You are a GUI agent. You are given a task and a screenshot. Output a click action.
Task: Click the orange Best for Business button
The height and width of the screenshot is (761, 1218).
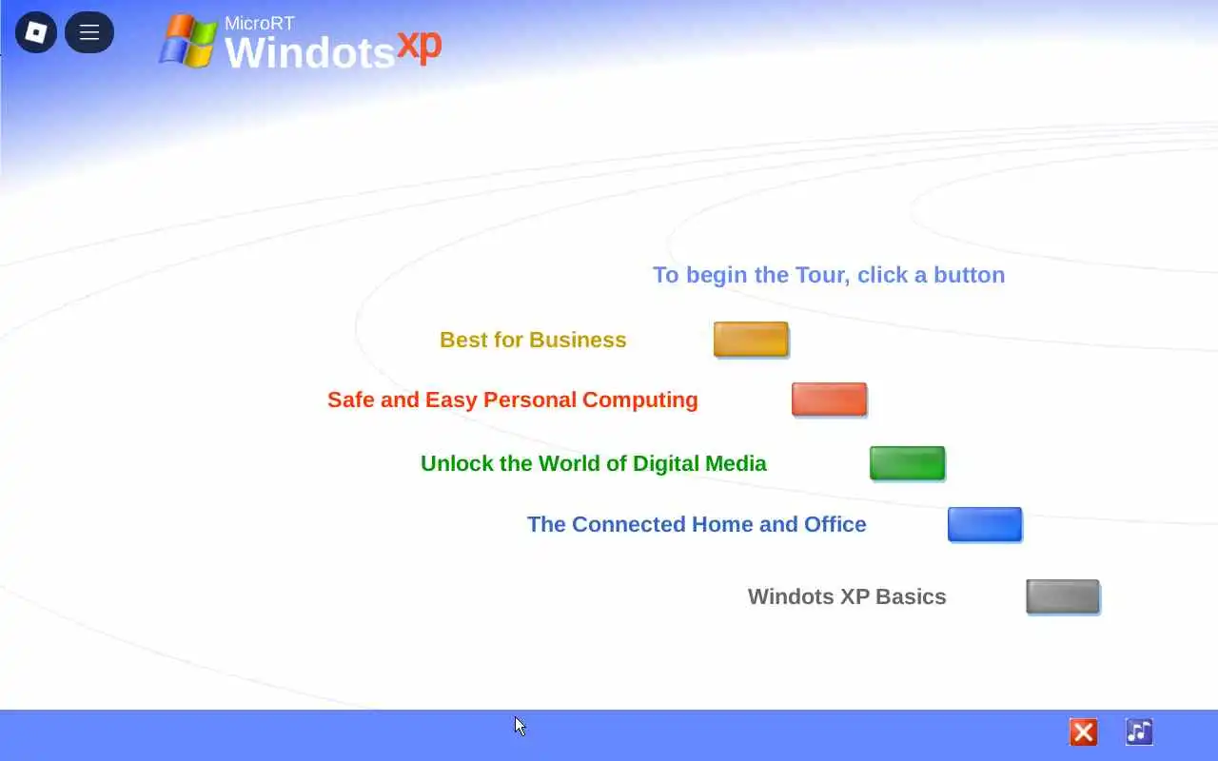(751, 340)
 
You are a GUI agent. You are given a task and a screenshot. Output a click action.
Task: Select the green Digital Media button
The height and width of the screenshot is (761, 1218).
(907, 463)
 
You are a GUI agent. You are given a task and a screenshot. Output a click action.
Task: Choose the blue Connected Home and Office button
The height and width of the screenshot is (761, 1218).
(985, 524)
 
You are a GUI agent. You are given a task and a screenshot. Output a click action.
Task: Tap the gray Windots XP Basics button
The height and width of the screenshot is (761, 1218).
(1063, 596)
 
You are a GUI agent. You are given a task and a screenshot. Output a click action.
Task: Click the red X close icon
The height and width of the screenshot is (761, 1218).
(1083, 732)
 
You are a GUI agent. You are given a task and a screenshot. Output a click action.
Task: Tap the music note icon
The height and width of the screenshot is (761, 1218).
(1139, 732)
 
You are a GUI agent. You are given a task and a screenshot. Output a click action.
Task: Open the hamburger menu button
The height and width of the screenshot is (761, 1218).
(89, 32)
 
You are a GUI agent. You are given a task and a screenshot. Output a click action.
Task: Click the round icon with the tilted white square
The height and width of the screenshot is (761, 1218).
(36, 32)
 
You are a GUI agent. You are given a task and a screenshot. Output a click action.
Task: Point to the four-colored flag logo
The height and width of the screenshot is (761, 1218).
(188, 41)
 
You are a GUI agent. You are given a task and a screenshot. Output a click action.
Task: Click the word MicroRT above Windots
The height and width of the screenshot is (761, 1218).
(260, 24)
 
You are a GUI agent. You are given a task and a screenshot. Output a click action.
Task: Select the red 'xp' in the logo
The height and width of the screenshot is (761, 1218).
(419, 47)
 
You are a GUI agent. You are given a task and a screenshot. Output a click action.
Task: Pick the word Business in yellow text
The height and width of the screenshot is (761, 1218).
(578, 340)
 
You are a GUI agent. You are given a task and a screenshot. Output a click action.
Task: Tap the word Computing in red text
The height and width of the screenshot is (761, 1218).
(640, 400)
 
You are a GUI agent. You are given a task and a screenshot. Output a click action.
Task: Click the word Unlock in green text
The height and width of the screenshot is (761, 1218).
(457, 463)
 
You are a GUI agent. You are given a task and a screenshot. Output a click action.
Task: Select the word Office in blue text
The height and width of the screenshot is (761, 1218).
(835, 524)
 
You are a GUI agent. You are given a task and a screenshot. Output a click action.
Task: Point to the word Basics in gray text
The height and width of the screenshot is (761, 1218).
(911, 596)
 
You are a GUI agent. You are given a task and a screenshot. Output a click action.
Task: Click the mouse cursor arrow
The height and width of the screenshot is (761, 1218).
(520, 726)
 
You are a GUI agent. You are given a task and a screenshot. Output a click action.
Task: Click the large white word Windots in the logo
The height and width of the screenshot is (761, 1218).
(309, 52)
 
